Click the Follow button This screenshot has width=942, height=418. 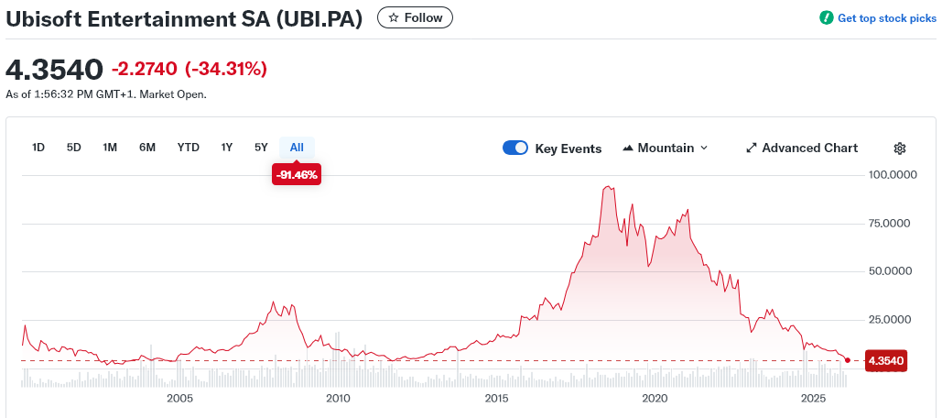[415, 17]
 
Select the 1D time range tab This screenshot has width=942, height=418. [38, 148]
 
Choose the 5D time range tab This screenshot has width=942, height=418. [74, 148]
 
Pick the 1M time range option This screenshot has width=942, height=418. [110, 148]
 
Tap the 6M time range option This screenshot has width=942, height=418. [147, 148]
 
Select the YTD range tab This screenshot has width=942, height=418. [189, 148]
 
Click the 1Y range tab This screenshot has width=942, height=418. [227, 148]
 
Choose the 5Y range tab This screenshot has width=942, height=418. [261, 148]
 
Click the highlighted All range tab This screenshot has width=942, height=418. [297, 148]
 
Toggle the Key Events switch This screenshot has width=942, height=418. [515, 148]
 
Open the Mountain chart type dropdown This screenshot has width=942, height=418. [666, 148]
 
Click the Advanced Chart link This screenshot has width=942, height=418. [802, 148]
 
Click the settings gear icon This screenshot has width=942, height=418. [900, 148]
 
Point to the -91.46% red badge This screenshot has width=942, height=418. [297, 174]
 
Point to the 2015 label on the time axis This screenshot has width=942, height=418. [497, 399]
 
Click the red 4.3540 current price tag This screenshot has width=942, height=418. [885, 361]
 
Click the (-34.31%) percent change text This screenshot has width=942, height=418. [226, 69]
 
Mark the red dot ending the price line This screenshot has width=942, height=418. [848, 360]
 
